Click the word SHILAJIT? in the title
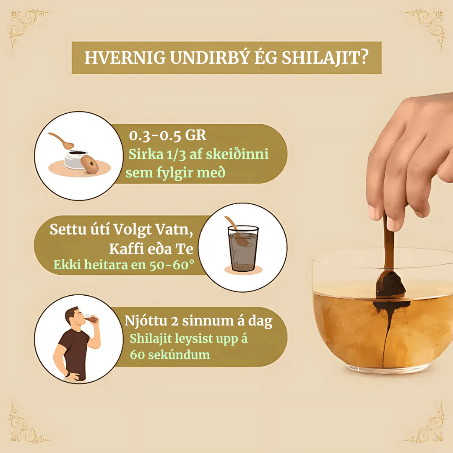point(325,58)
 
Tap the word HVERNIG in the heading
point(125,58)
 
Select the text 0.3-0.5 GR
point(167,135)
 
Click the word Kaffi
point(126,248)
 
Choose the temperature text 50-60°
point(172,265)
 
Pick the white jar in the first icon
point(75,159)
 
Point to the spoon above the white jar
point(61,140)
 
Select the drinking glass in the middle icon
point(243,248)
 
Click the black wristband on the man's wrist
point(68,375)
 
